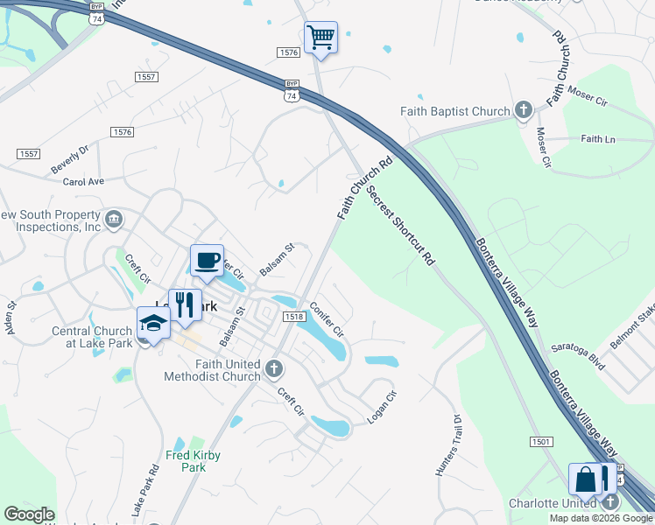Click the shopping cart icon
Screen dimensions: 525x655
[320, 38]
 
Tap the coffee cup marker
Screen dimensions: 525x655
[207, 260]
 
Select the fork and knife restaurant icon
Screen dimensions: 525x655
[184, 305]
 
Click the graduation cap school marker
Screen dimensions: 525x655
[152, 323]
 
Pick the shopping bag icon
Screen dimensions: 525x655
[585, 480]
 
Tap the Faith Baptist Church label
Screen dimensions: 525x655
[454, 111]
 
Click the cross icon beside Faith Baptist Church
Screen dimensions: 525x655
[524, 110]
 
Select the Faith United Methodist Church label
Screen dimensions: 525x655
[213, 370]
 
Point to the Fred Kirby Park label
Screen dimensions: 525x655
[194, 461]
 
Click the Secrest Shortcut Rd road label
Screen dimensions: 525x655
[401, 225]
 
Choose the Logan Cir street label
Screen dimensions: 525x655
[382, 407]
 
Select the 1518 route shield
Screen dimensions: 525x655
[293, 317]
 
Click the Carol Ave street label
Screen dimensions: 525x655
[83, 181]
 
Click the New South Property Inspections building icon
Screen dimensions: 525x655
[113, 220]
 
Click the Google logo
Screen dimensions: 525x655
[29, 514]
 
